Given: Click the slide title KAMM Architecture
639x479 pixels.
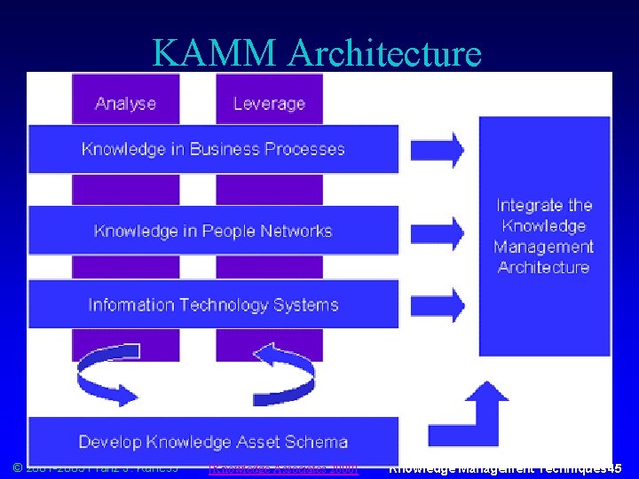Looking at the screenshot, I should tap(317, 52).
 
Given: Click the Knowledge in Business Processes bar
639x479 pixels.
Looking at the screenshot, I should tap(213, 149).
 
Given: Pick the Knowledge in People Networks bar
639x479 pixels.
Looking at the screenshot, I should tap(213, 231).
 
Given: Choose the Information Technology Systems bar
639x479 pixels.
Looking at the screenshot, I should tap(213, 304).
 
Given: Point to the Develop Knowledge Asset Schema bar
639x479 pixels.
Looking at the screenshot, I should tap(213, 441).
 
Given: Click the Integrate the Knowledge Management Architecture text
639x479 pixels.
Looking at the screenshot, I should tap(543, 236).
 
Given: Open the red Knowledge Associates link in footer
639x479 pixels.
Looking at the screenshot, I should tap(282, 468).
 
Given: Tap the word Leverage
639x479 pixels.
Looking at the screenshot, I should tap(269, 103).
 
